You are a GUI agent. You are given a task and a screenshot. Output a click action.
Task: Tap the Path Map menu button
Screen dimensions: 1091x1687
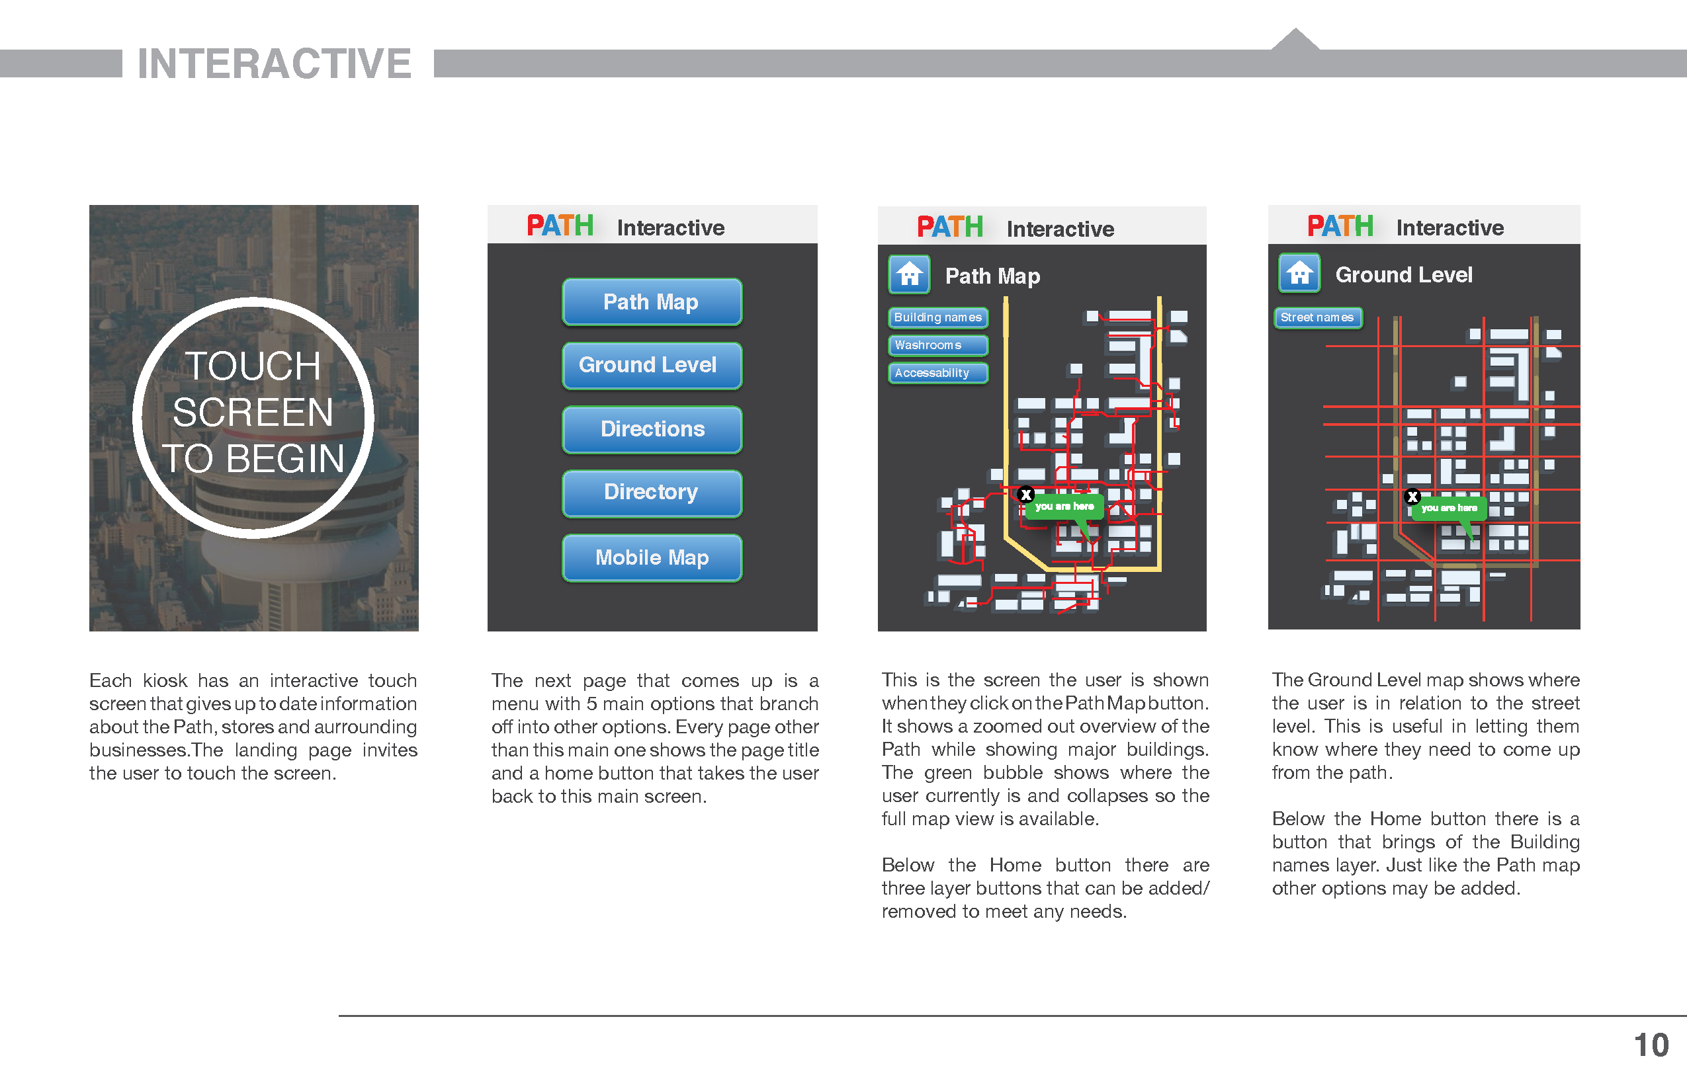pos(652,302)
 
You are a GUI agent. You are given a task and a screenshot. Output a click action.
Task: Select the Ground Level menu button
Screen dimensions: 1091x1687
pos(652,366)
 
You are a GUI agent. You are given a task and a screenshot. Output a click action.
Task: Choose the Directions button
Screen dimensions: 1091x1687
pos(652,429)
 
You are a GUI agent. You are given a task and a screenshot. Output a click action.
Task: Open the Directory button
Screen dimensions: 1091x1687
pos(652,493)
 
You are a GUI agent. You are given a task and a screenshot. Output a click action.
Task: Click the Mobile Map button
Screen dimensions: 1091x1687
pos(652,557)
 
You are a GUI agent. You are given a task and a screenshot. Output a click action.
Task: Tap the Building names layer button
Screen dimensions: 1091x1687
pos(938,317)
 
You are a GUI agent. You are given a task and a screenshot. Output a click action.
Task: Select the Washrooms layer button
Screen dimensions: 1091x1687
pos(938,345)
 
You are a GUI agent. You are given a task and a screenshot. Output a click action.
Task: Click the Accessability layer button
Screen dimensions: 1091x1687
pos(938,373)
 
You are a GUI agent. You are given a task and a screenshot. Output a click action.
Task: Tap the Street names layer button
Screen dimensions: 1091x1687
pos(1318,317)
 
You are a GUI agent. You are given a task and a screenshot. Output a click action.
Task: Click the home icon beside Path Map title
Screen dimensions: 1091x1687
pos(910,274)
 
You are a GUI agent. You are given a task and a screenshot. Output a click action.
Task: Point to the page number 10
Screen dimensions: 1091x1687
pos(1651,1045)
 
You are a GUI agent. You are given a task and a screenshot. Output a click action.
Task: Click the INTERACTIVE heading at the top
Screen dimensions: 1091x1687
pos(275,63)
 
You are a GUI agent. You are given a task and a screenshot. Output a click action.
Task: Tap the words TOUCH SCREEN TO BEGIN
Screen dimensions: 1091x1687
pos(253,413)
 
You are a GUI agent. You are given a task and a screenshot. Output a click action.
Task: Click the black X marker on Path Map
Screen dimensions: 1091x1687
pos(1025,495)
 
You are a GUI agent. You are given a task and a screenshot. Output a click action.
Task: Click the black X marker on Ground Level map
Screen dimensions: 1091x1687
pos(1412,497)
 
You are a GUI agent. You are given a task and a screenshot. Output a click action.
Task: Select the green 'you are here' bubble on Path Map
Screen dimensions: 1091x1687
pos(1064,506)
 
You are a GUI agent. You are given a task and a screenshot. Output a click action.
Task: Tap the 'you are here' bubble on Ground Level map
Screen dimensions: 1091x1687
pos(1449,508)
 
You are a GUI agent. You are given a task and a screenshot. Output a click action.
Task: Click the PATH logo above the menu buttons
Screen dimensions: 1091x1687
pos(560,226)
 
